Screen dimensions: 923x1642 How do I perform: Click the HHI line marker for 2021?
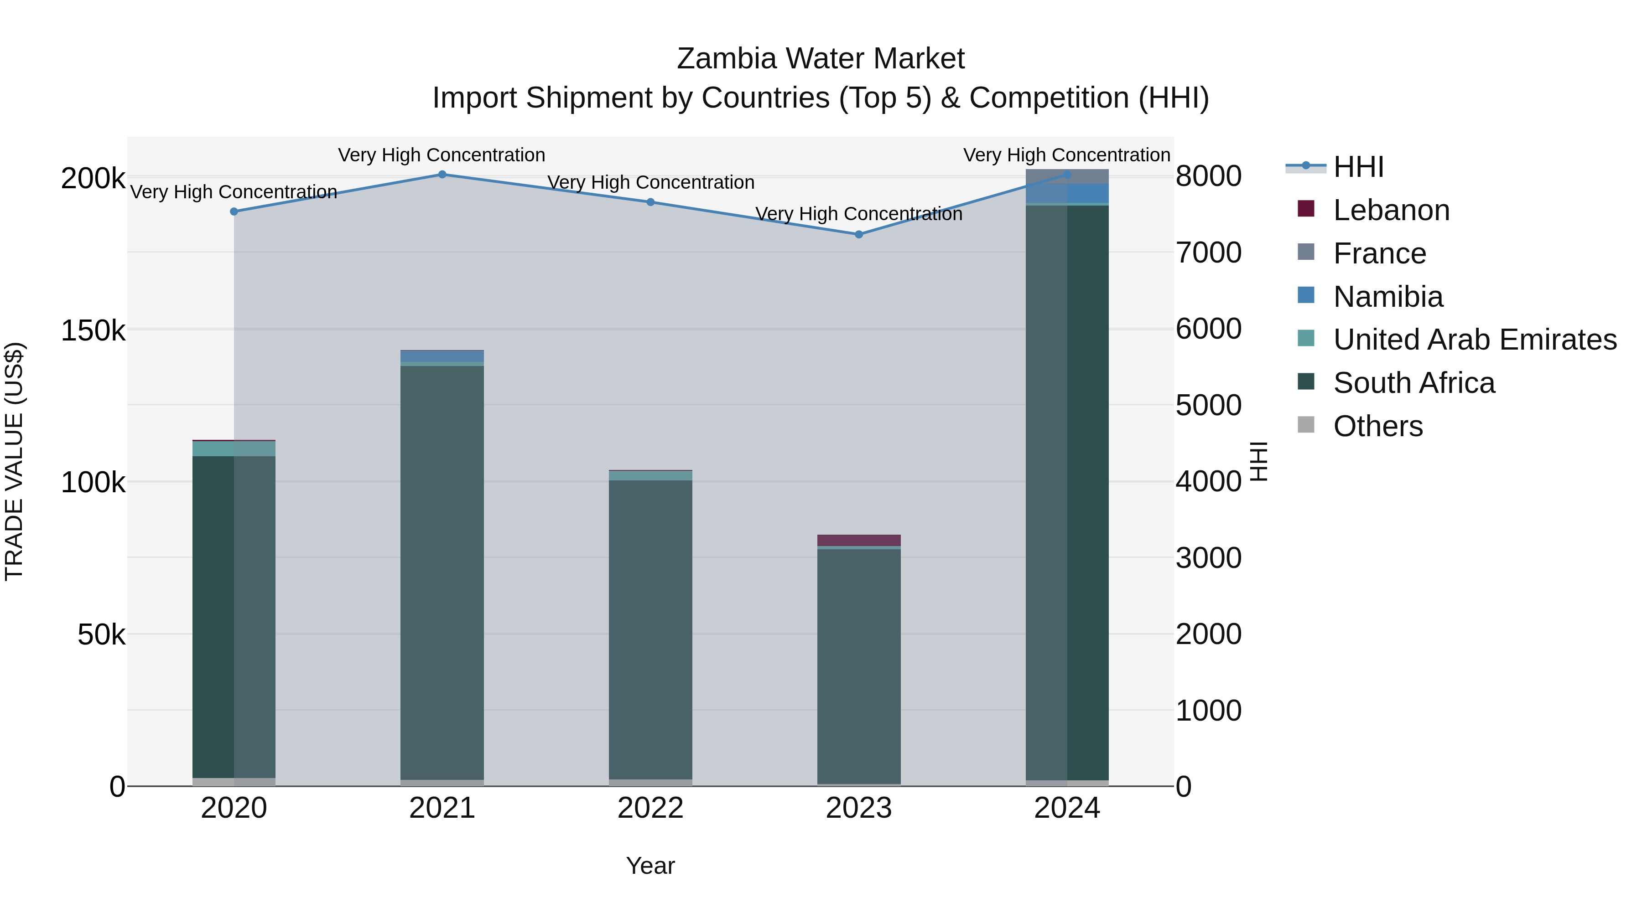pos(442,175)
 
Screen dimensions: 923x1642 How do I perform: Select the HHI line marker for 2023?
pos(858,234)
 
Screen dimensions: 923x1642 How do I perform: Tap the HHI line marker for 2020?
pos(234,211)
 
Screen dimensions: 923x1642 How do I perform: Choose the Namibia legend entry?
pos(1387,297)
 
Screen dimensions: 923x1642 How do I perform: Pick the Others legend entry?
pos(1377,426)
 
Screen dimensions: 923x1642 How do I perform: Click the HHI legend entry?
pos(1358,167)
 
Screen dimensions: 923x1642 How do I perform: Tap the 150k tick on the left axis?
pos(93,330)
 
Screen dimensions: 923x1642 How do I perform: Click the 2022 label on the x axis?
pos(650,808)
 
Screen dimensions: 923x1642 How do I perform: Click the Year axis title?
pos(650,866)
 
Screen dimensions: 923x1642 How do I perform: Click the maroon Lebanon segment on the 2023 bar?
pos(858,540)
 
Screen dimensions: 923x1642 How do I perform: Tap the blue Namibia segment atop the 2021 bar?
pos(442,356)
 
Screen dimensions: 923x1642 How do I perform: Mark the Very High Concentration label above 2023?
pos(858,214)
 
